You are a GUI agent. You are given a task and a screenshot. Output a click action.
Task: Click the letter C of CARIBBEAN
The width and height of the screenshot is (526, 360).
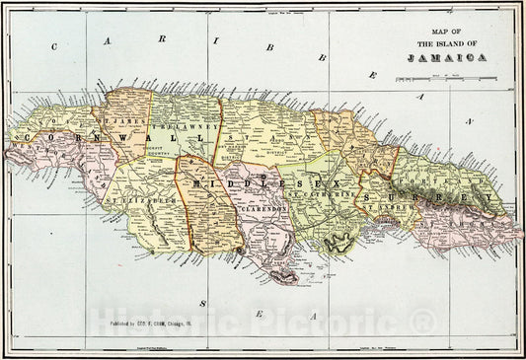pos(57,45)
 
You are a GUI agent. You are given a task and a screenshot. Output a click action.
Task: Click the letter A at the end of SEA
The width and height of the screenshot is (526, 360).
pos(313,317)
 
